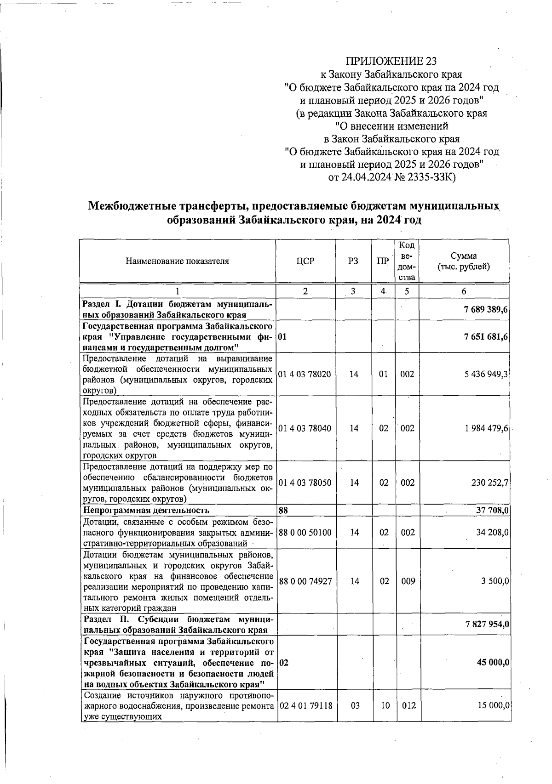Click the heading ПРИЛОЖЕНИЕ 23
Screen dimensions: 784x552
point(391,61)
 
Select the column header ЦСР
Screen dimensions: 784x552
point(305,261)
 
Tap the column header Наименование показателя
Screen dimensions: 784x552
point(177,261)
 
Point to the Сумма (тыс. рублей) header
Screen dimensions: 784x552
point(464,261)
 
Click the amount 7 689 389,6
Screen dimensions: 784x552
point(486,310)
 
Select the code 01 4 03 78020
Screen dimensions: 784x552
point(305,374)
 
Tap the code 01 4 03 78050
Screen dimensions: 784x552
point(305,483)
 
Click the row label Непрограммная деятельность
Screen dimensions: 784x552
point(146,510)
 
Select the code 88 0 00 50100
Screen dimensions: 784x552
point(305,533)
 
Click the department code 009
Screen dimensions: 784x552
point(408,581)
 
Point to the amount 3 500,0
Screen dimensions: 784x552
point(494,581)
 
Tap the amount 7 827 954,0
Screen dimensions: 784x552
point(486,625)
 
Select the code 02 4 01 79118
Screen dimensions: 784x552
point(305,705)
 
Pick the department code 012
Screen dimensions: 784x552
point(408,705)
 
